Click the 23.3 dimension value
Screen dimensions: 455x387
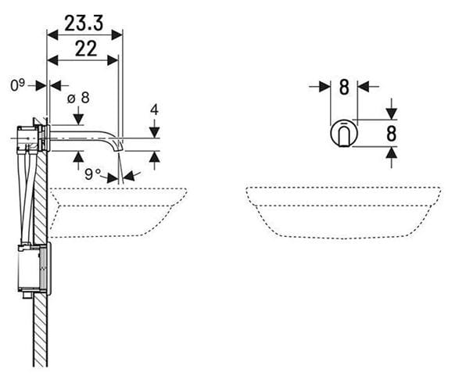(84, 23)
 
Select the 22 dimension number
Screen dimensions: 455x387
(85, 48)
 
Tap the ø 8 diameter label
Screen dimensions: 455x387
(78, 98)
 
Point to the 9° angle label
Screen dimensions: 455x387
(92, 174)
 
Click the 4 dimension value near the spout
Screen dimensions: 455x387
(154, 110)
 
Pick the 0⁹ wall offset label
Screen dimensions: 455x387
(17, 85)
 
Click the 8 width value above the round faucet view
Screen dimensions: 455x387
(344, 87)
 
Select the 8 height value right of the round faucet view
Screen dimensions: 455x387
(392, 134)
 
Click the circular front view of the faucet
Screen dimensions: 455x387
(344, 133)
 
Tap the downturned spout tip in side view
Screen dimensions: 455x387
(119, 145)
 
